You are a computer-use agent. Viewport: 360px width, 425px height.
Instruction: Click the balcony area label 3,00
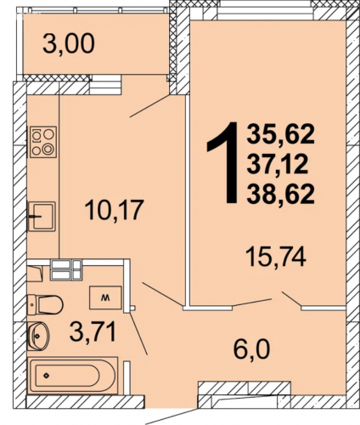click(x=69, y=44)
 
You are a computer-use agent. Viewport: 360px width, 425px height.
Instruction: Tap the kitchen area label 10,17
click(x=113, y=210)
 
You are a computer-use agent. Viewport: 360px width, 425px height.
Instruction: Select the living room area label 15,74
click(x=276, y=256)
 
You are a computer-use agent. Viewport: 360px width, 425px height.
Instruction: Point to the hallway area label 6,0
click(x=251, y=349)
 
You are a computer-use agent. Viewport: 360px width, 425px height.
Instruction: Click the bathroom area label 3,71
click(x=93, y=332)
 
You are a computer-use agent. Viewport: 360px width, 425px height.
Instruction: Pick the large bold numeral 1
click(x=223, y=162)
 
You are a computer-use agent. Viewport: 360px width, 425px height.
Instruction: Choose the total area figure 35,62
click(x=280, y=134)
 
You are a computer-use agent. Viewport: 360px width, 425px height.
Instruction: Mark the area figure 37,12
click(x=278, y=164)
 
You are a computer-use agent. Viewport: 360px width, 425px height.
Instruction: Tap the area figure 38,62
click(x=280, y=194)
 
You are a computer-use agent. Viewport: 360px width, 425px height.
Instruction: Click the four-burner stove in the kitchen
click(x=43, y=142)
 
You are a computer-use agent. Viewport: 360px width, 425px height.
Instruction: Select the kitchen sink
click(x=42, y=216)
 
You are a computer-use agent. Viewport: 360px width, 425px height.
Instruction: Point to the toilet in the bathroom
click(x=45, y=305)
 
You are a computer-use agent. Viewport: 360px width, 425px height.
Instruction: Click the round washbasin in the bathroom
click(x=39, y=336)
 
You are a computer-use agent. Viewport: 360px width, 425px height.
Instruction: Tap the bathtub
click(x=73, y=375)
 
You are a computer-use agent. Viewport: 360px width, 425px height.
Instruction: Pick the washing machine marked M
click(x=105, y=297)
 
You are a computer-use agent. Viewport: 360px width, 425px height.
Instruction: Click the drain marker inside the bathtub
click(x=46, y=376)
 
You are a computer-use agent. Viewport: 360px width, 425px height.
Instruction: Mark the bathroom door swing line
click(x=138, y=333)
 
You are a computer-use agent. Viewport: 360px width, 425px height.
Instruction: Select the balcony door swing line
click(x=149, y=106)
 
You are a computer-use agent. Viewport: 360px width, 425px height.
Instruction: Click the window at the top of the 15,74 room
click(x=265, y=13)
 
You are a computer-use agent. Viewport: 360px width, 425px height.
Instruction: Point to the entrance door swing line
click(x=172, y=416)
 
